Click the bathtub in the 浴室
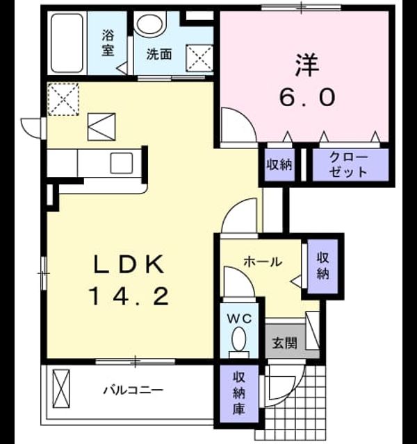click(x=67, y=43)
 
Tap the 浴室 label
click(x=108, y=43)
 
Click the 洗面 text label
click(x=159, y=54)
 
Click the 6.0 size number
click(x=307, y=97)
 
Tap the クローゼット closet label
click(x=348, y=165)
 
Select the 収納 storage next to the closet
click(x=279, y=164)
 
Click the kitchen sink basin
click(x=122, y=163)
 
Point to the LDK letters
click(x=129, y=264)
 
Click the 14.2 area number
click(x=129, y=296)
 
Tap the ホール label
click(x=263, y=262)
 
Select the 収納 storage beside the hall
click(x=322, y=265)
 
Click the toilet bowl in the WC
click(x=239, y=339)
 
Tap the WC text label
click(x=240, y=319)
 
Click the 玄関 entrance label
click(x=284, y=343)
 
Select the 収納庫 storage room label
click(x=238, y=393)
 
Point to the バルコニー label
click(x=133, y=391)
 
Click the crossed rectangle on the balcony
click(x=61, y=388)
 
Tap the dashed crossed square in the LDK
click(x=63, y=99)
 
